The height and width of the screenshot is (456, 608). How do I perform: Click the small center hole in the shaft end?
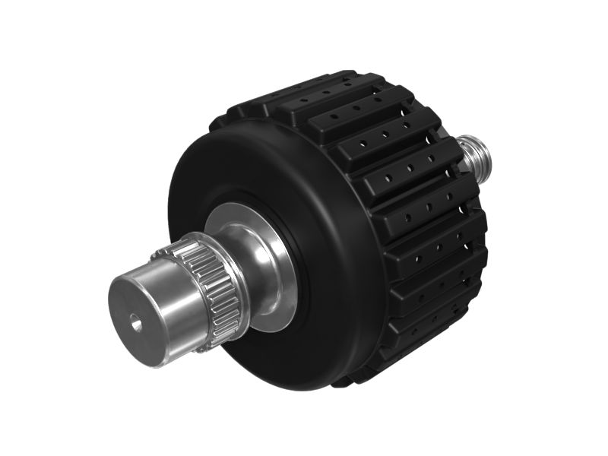[137, 324]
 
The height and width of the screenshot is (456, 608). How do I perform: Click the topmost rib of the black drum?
[319, 87]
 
